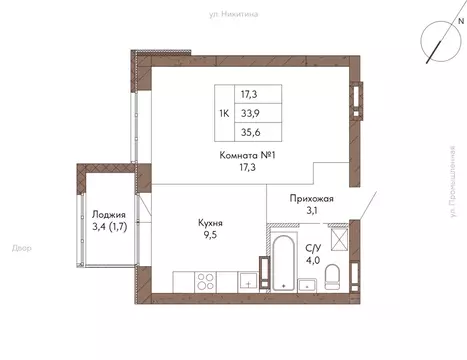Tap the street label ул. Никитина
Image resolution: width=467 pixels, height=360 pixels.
click(233, 14)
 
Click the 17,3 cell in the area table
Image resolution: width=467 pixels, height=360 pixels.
click(261, 95)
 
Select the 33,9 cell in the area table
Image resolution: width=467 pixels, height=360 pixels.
click(261, 114)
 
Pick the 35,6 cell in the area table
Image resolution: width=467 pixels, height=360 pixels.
click(261, 133)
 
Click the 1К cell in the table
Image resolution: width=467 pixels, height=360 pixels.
click(226, 114)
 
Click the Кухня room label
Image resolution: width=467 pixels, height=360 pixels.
click(208, 224)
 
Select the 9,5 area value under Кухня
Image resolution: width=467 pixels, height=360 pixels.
click(208, 238)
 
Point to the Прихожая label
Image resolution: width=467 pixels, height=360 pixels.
click(311, 198)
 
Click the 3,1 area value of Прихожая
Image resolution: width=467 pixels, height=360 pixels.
click(311, 212)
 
